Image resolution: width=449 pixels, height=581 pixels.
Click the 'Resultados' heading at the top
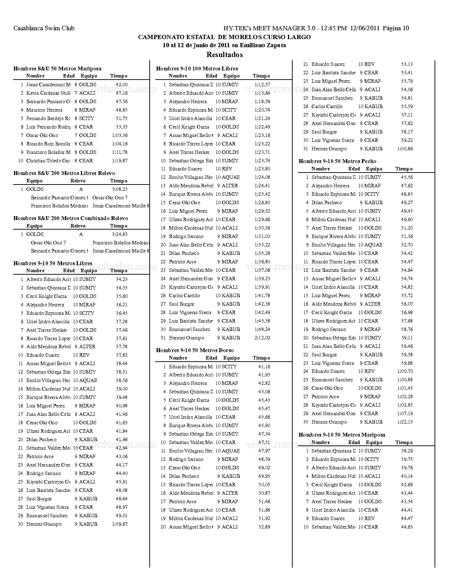[x=224, y=55]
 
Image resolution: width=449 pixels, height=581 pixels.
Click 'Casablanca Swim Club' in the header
[x=44, y=28]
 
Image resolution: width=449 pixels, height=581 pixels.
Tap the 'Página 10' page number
[x=396, y=28]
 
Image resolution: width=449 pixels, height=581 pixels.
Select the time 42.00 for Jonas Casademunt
[x=121, y=85]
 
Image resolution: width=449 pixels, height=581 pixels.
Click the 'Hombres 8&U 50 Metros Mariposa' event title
[x=57, y=69]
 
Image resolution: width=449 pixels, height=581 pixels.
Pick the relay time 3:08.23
[x=119, y=189]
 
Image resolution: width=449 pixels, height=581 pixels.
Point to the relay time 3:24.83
[x=119, y=234]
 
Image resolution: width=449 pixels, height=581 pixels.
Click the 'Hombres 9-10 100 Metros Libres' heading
[x=197, y=69]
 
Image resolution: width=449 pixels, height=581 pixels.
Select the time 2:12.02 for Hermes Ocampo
[x=262, y=338]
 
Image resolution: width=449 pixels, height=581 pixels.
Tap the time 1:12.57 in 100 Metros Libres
[x=262, y=85]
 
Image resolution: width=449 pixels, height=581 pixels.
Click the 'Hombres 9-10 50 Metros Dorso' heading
[x=195, y=350]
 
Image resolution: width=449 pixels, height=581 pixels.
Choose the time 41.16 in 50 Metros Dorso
[x=264, y=367]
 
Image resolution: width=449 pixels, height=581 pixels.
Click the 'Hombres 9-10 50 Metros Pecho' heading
[x=337, y=161]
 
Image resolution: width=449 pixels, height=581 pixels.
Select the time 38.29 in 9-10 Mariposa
[x=407, y=451]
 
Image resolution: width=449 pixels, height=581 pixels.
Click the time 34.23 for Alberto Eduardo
[x=121, y=279]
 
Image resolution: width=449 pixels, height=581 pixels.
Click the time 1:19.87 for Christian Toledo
[x=119, y=161]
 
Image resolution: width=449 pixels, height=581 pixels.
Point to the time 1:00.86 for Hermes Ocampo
[x=405, y=149]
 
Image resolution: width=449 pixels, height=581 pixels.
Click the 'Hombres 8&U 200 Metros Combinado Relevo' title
[x=71, y=218]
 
